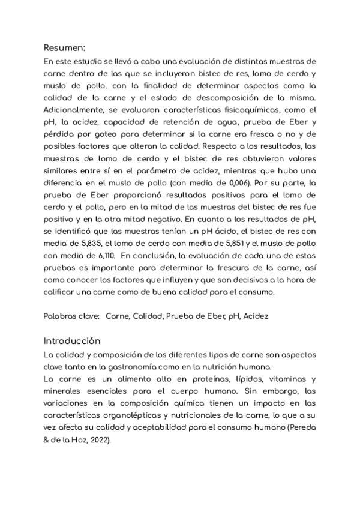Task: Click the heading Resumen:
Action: coord(65,47)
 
